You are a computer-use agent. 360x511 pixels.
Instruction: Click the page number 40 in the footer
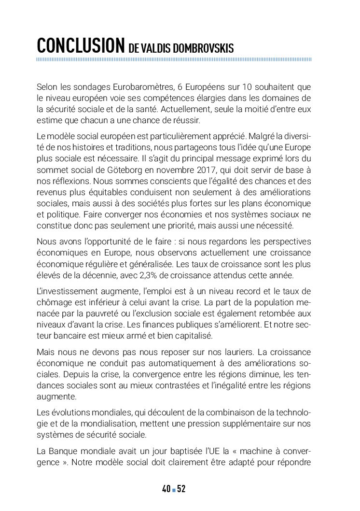tap(166, 489)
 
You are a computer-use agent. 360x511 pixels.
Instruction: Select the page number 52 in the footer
tap(181, 489)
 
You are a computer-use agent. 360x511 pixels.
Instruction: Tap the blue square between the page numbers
tap(174, 490)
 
